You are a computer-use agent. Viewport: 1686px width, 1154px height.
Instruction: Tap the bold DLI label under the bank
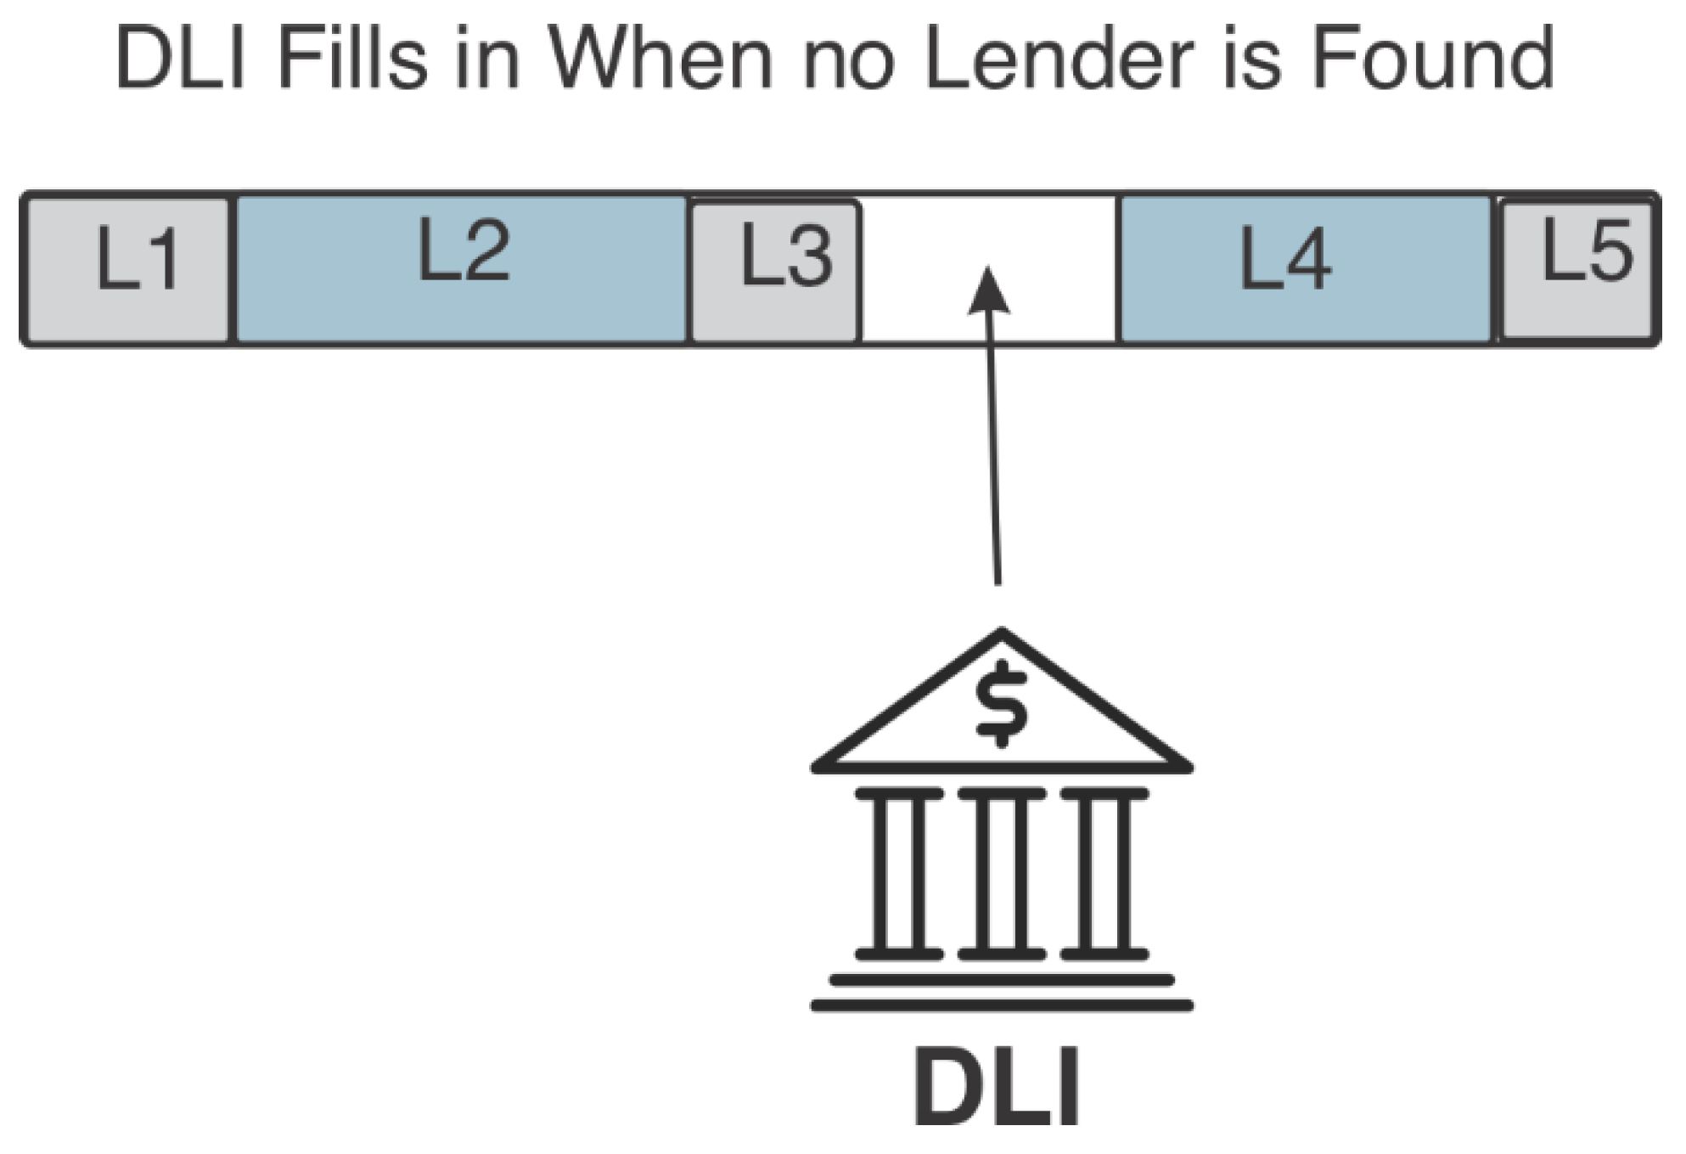(997, 1087)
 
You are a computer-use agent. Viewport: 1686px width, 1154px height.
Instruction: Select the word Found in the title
(1433, 59)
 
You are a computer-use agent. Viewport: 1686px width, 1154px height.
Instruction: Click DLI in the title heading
(181, 59)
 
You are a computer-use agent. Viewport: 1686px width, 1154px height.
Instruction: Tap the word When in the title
(660, 59)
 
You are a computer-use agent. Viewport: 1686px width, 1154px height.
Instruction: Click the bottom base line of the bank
(1002, 1006)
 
